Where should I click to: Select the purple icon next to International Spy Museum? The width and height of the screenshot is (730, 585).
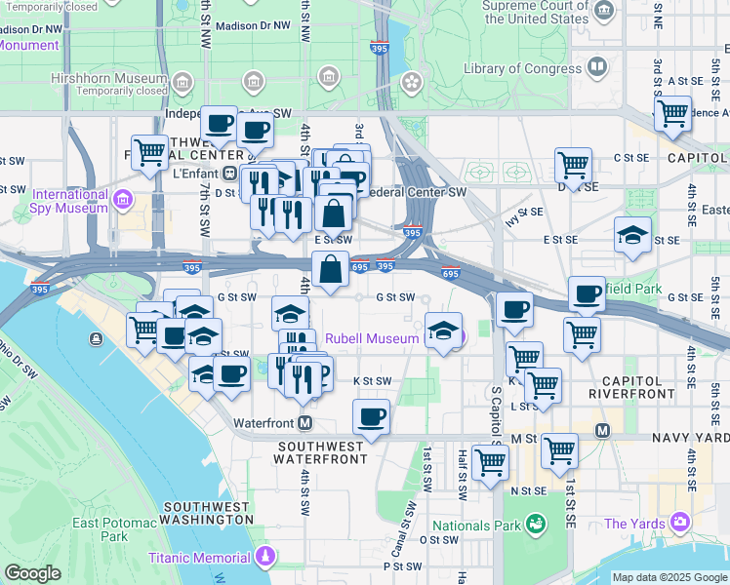pos(122,200)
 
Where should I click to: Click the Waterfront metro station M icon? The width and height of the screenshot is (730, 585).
pos(305,423)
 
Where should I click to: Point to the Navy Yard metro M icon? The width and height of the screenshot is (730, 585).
pos(602,430)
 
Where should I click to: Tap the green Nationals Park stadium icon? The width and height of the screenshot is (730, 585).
pos(534,526)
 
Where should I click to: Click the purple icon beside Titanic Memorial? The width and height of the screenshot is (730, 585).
pos(265,558)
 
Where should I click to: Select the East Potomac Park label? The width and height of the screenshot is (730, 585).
pos(114,529)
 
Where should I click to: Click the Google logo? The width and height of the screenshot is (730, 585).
pos(32,573)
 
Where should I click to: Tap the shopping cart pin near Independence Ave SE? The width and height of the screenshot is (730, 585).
pos(672,113)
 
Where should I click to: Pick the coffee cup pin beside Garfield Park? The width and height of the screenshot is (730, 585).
pos(588,293)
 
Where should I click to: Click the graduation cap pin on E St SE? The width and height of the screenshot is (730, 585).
pos(632,235)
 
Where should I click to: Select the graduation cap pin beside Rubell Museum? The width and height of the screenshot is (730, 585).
pos(443,331)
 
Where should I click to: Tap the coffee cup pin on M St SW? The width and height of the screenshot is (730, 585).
pos(371,417)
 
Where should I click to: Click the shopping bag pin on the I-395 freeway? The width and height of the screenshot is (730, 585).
pos(331,268)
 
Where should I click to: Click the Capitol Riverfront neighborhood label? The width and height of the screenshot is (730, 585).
pos(631,386)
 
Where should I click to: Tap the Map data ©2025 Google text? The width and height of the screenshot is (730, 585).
pos(669,577)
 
